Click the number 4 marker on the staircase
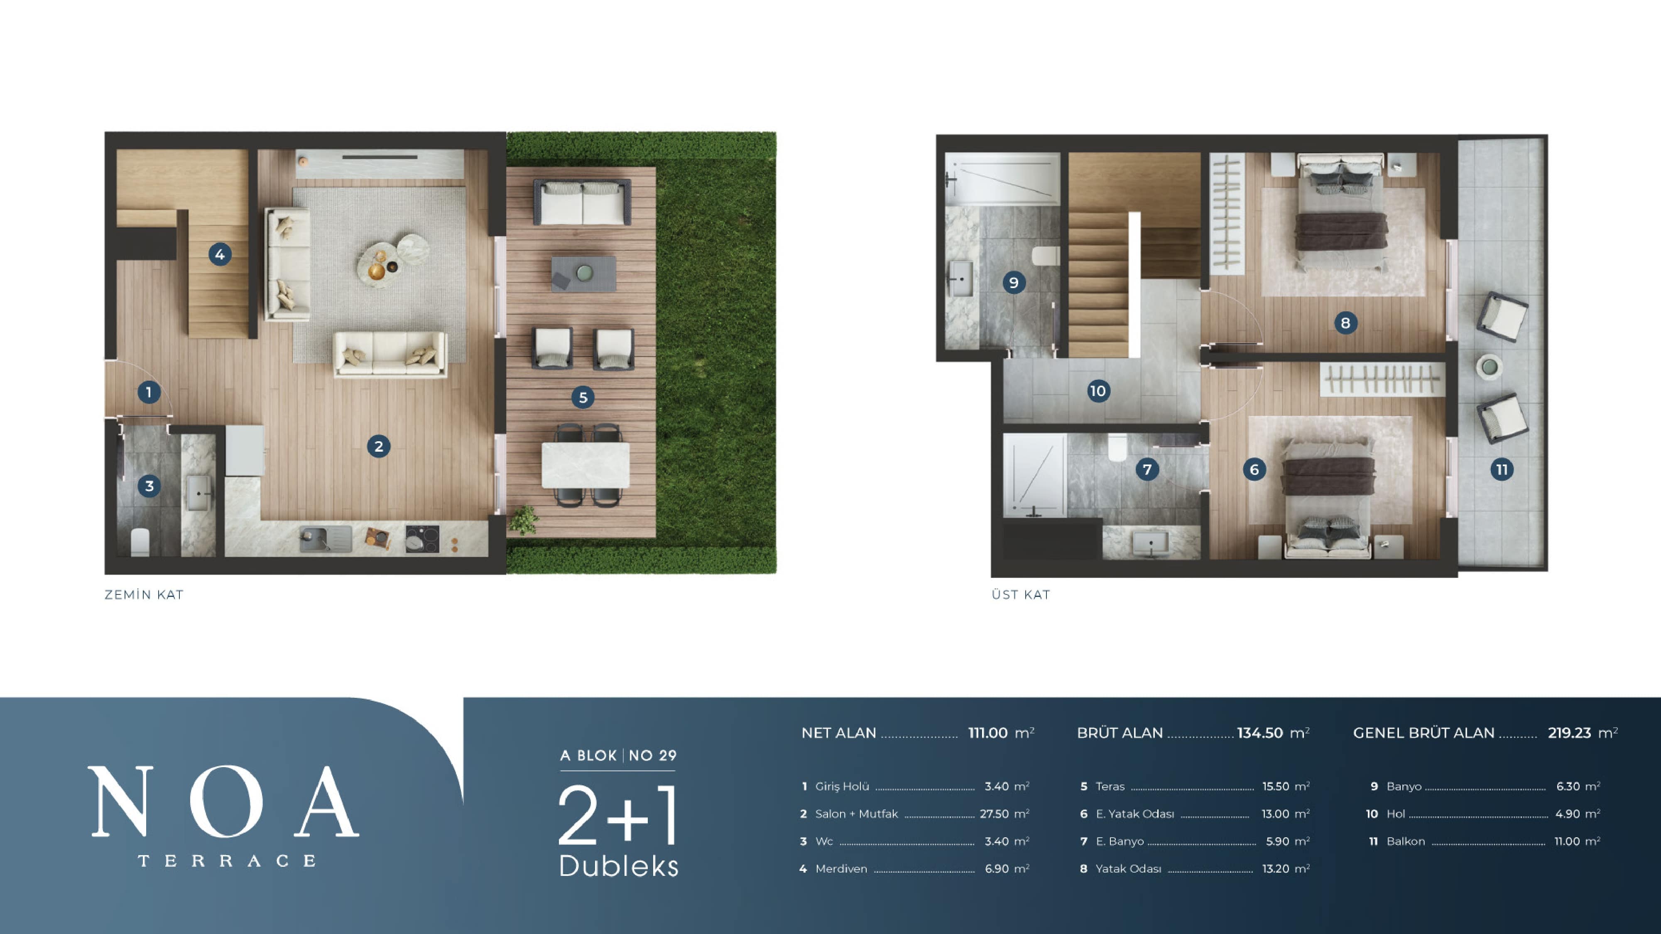[x=220, y=254]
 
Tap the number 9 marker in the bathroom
[x=1014, y=282]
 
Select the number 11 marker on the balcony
[x=1502, y=469]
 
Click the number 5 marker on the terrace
[x=583, y=398]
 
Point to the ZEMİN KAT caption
[x=144, y=595]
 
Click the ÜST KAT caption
[x=1021, y=595]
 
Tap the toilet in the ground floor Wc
[x=140, y=542]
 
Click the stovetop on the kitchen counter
[x=422, y=539]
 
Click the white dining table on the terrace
[x=586, y=465]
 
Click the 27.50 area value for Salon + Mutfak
[x=994, y=814]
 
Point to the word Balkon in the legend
[x=1406, y=841]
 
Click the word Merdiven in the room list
[x=841, y=869]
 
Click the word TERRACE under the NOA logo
[x=227, y=861]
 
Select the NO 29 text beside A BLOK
[x=652, y=756]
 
